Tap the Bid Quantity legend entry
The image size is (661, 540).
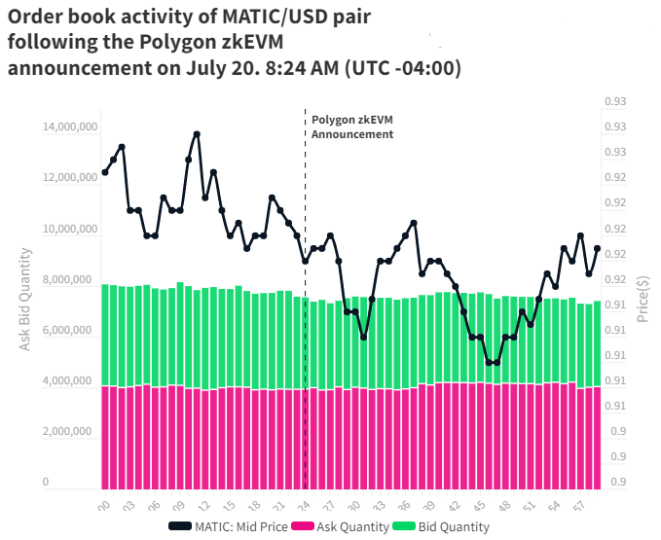point(447,526)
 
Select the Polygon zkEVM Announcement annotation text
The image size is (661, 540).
point(352,127)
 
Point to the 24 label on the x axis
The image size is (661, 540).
point(303,507)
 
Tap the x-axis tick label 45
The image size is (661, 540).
point(480,507)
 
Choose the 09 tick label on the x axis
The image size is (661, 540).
point(177,507)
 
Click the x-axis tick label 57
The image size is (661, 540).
point(581,507)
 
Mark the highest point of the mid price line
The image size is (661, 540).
point(197,134)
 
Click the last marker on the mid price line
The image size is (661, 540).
point(597,248)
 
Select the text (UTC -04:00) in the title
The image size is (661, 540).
point(399,68)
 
